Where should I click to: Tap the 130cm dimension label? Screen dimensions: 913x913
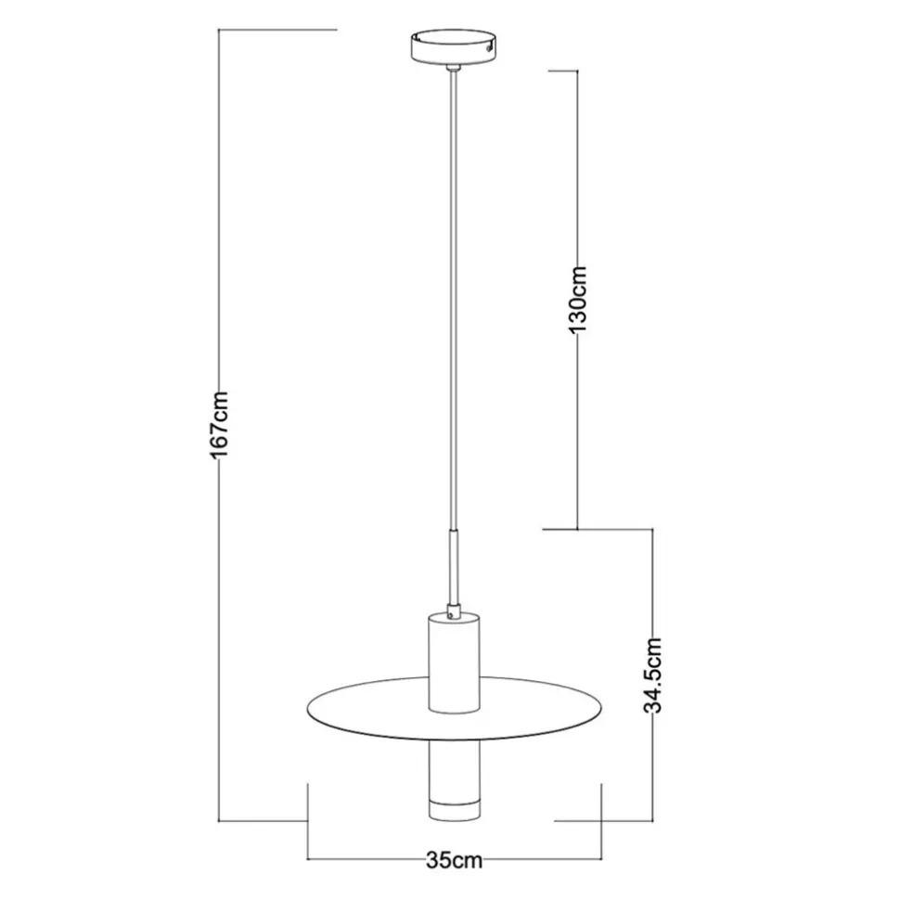pyautogui.click(x=577, y=299)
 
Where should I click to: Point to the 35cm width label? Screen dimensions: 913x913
pyautogui.click(x=454, y=859)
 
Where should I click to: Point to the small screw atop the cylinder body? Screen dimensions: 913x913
pyautogui.click(x=452, y=612)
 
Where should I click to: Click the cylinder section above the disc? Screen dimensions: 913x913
pyautogui.click(x=452, y=659)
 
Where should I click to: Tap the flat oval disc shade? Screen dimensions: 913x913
pyautogui.click(x=371, y=714)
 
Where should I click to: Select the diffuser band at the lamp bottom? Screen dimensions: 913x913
pyautogui.click(x=452, y=807)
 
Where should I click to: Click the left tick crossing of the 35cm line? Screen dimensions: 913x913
pyautogui.click(x=307, y=859)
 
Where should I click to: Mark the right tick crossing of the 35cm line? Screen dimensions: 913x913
pyautogui.click(x=602, y=859)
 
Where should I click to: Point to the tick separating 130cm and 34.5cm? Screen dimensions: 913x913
pyautogui.click(x=577, y=530)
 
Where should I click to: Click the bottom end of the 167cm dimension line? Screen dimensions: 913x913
pyautogui.click(x=219, y=821)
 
